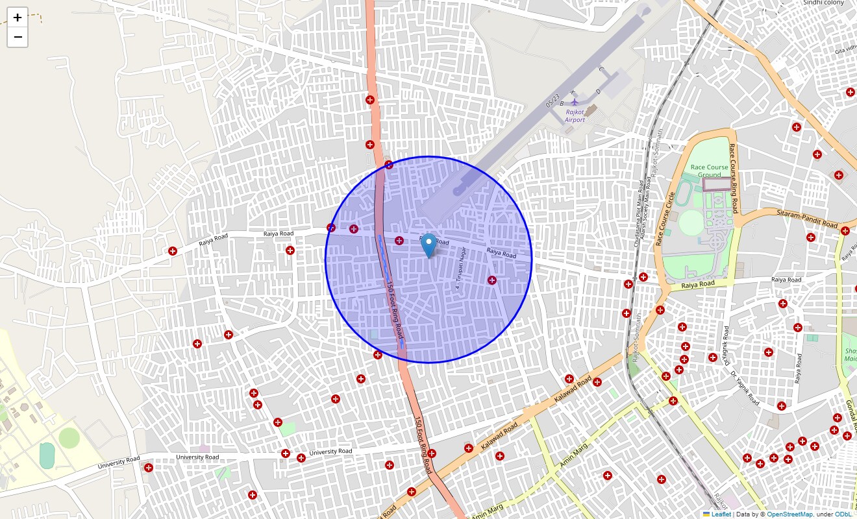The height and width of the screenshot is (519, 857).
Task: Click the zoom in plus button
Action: tap(18, 18)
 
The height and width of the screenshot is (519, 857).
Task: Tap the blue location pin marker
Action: tap(429, 245)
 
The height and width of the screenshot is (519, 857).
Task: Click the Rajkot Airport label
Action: tap(575, 116)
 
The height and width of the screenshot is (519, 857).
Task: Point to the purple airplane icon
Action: tap(574, 102)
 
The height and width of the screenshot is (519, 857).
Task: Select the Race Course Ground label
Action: tap(709, 171)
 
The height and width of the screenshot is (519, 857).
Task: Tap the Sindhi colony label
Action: tap(823, 3)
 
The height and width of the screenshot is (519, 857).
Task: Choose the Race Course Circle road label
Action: tap(665, 219)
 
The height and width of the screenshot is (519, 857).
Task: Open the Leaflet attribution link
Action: tap(721, 514)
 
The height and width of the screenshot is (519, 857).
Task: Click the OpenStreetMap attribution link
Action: tap(789, 514)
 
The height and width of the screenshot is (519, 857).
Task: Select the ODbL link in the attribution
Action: tap(843, 514)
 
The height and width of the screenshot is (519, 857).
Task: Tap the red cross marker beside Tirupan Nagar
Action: tap(491, 280)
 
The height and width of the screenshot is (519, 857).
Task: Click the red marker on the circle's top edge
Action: tap(389, 165)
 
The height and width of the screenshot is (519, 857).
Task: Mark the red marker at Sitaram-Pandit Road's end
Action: tap(845, 231)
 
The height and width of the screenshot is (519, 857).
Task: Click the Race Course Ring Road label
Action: tap(734, 178)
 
